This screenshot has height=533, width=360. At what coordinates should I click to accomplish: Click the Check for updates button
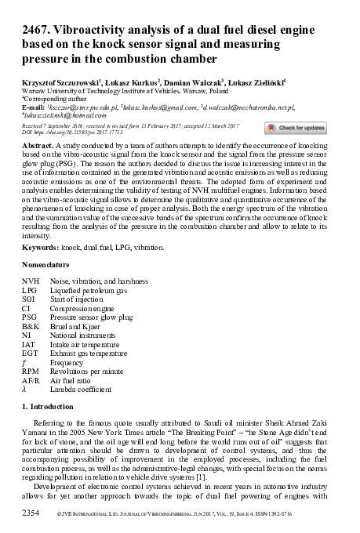tap(294, 128)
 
